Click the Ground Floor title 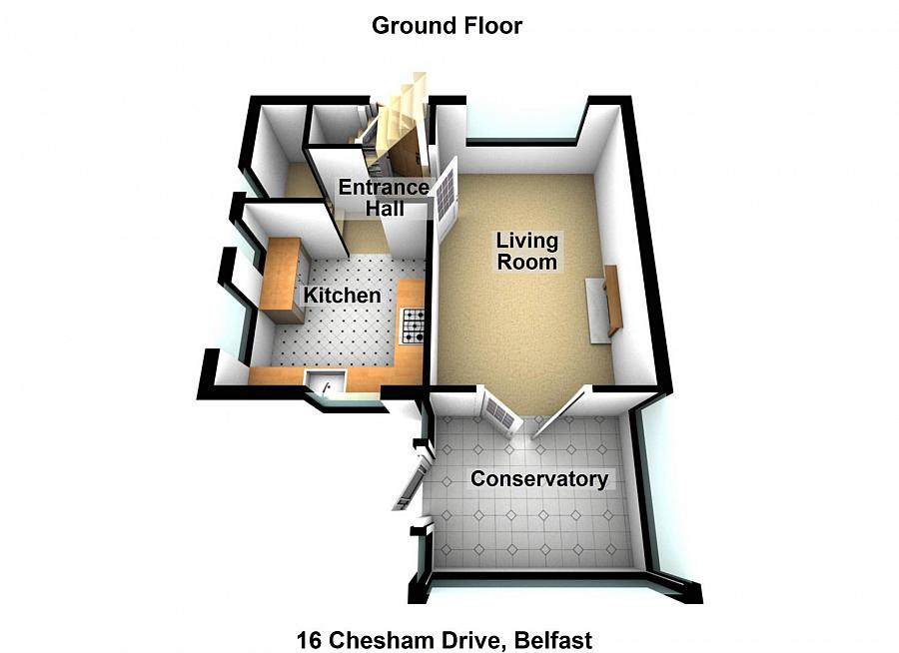pos(447,26)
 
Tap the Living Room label pos(526,251)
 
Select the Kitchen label pos(342,296)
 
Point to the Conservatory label pos(539,478)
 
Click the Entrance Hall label pos(384,198)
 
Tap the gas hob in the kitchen pos(413,326)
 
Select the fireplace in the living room pos(602,304)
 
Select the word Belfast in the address pos(553,639)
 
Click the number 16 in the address pos(309,639)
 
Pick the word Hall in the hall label pos(386,208)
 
